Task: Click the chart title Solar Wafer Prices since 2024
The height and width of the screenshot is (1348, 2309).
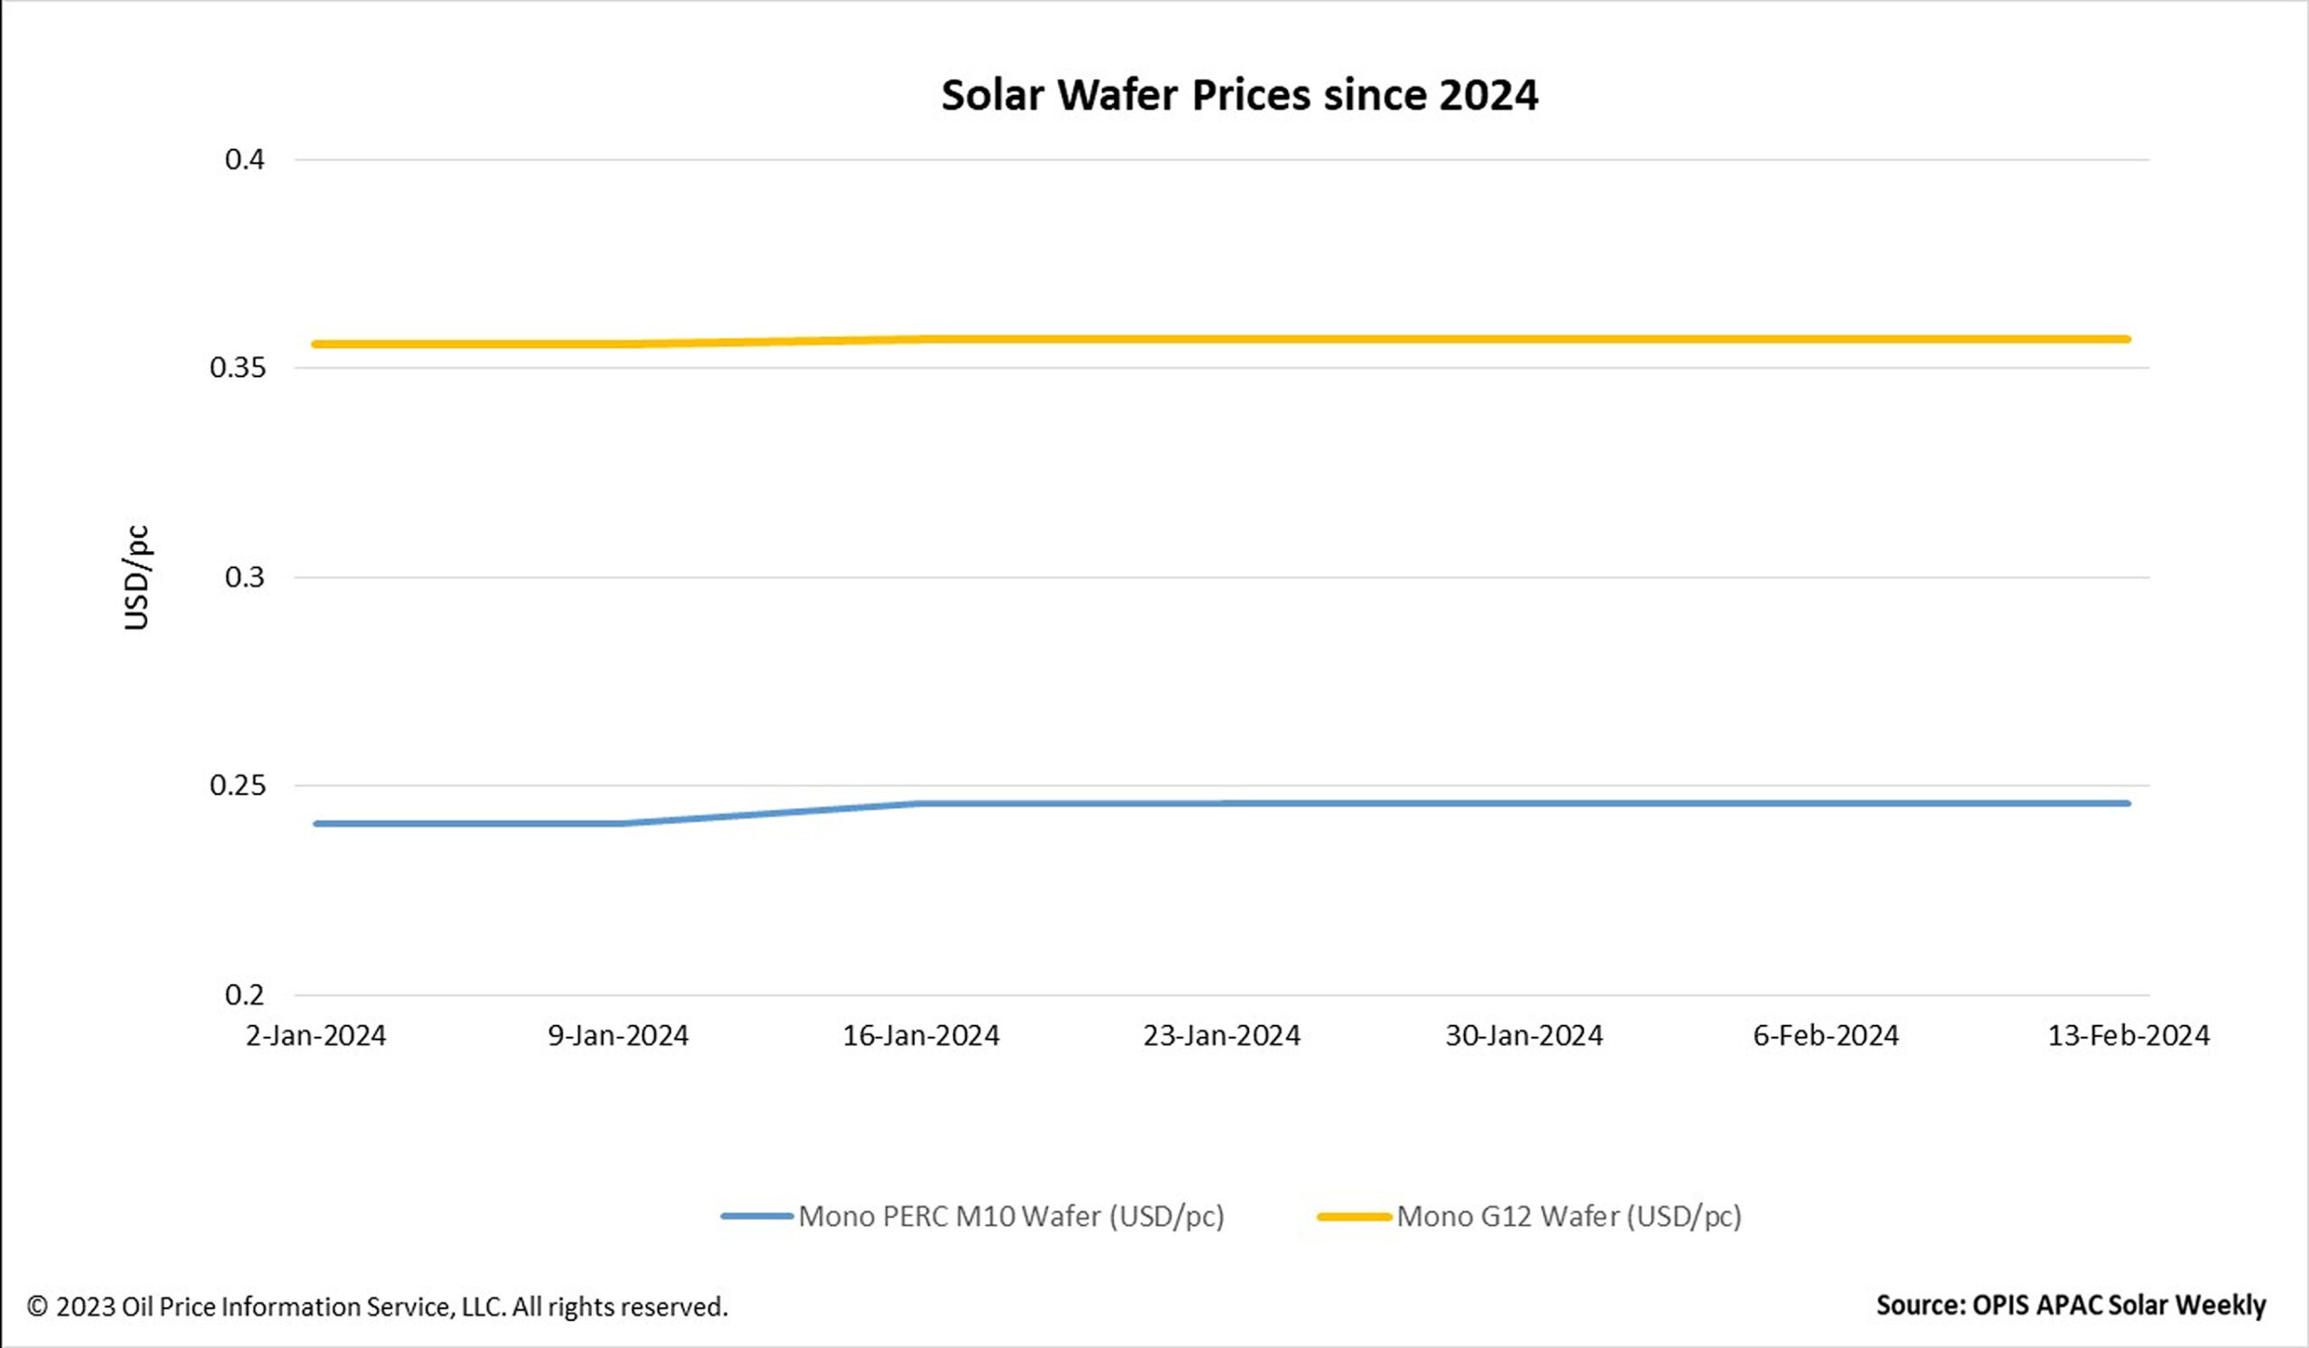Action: pyautogui.click(x=1238, y=96)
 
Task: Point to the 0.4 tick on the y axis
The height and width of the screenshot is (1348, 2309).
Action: pyautogui.click(x=244, y=160)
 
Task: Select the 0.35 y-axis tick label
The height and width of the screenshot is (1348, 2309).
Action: pyautogui.click(x=237, y=367)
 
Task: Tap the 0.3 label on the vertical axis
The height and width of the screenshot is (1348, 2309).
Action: pyautogui.click(x=244, y=577)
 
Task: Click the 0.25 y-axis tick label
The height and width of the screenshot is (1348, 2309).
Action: pyautogui.click(x=237, y=785)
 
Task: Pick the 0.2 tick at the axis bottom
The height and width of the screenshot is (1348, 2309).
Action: pyautogui.click(x=244, y=994)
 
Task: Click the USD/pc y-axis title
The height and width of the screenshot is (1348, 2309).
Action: pyautogui.click(x=135, y=577)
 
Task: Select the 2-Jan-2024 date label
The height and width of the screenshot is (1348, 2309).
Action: pyautogui.click(x=315, y=1036)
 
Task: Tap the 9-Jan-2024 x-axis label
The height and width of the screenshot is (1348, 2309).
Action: pyautogui.click(x=618, y=1036)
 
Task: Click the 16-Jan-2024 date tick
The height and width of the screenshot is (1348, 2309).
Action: pyautogui.click(x=920, y=1036)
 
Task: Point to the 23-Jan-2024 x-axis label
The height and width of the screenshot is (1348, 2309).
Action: pyautogui.click(x=1221, y=1036)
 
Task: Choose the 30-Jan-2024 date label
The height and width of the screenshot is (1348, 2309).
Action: pyautogui.click(x=1523, y=1036)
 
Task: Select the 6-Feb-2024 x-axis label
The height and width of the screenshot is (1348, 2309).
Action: pyautogui.click(x=1826, y=1036)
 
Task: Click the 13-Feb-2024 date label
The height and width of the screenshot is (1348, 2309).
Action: pyautogui.click(x=2129, y=1036)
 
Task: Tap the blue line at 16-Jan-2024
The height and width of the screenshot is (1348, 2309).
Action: pyautogui.click(x=920, y=804)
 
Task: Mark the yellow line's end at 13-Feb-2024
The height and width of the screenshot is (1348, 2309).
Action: pyautogui.click(x=2127, y=339)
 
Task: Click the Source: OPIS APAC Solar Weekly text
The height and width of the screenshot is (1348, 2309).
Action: pyautogui.click(x=2071, y=1305)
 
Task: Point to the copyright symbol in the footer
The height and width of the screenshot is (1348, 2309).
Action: pyautogui.click(x=38, y=1306)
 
